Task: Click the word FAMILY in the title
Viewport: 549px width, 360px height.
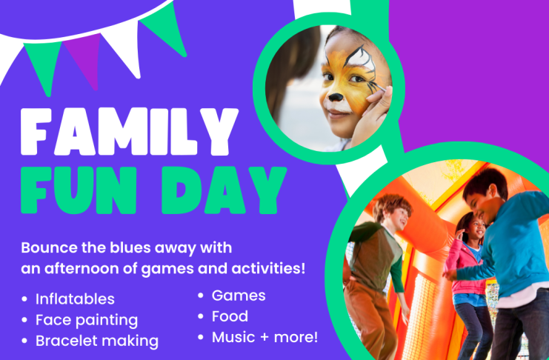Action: pos(130,131)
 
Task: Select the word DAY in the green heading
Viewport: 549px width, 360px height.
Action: pos(224,190)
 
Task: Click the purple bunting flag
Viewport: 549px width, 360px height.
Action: pos(84,59)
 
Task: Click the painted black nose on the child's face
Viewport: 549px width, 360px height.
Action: pos(336,97)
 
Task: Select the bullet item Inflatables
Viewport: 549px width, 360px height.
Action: pos(75,299)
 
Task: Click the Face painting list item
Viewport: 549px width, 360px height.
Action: pos(87,321)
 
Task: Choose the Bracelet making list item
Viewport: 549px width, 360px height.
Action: pos(97,341)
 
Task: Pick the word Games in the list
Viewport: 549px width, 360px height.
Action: pos(239,296)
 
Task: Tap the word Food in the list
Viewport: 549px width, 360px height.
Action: pos(230,316)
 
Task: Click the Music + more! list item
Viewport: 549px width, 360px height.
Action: pos(264,337)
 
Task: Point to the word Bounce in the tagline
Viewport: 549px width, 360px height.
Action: pos(50,247)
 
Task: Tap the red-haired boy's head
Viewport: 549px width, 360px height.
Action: pos(392,213)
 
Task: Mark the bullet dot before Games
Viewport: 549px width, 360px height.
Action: pos(201,296)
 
